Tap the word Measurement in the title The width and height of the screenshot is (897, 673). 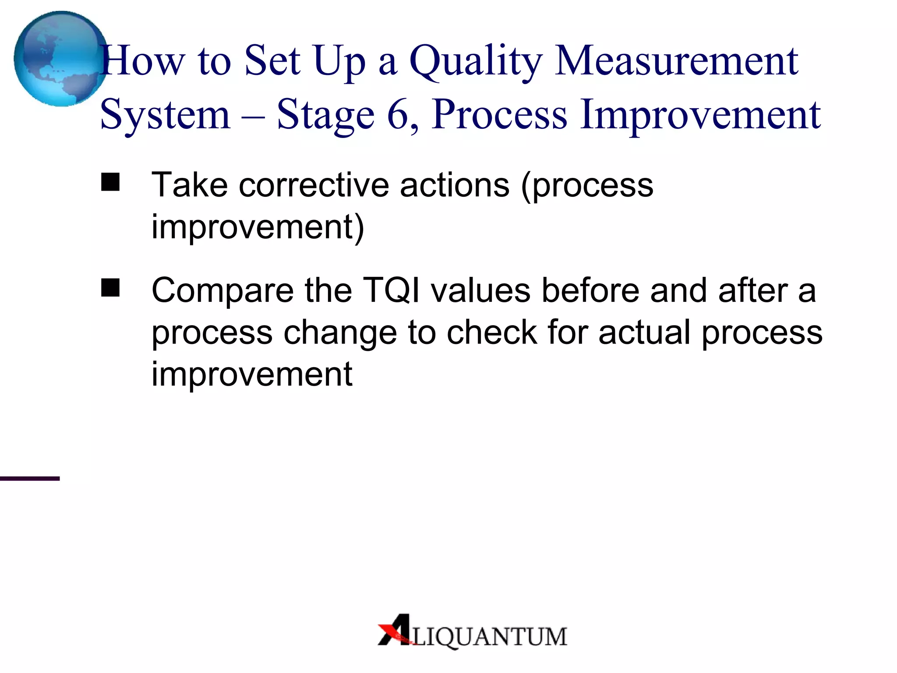(x=676, y=61)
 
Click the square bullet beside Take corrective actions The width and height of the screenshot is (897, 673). (x=110, y=182)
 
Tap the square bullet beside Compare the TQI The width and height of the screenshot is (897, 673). (x=110, y=288)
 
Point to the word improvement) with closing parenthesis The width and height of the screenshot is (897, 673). (x=258, y=227)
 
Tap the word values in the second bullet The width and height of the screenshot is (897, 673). (x=480, y=290)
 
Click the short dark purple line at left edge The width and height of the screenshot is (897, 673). (x=30, y=478)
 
